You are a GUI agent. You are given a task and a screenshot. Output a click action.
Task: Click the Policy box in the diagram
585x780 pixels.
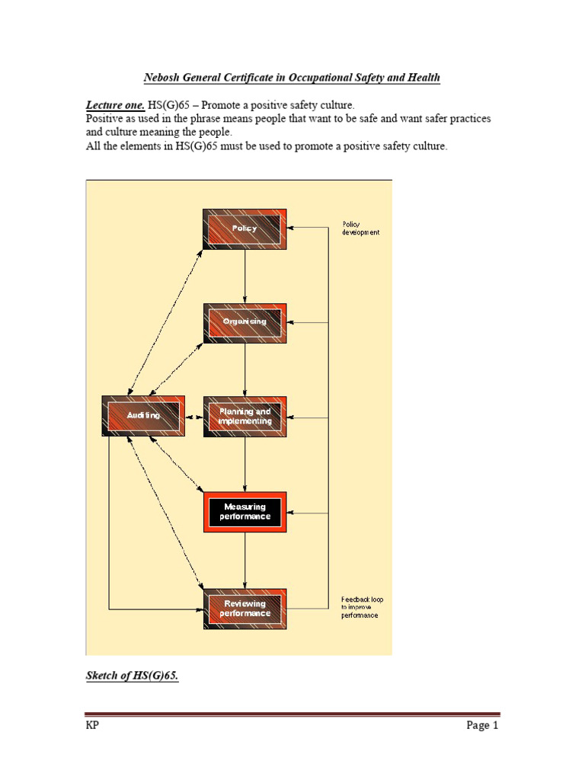pos(245,229)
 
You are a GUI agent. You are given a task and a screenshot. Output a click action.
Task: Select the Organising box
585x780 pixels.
pos(245,322)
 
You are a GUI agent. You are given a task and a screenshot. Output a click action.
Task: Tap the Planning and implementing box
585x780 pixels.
pos(245,417)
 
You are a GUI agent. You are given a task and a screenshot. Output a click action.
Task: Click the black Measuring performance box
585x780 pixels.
pos(245,512)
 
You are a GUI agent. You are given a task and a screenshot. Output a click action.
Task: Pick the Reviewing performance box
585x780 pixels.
pos(245,609)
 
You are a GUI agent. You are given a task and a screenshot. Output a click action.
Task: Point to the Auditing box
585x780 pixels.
pos(143,416)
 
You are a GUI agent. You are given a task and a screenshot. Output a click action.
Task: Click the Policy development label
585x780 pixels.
pos(360,229)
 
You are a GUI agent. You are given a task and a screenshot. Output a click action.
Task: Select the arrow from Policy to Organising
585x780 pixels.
pos(245,276)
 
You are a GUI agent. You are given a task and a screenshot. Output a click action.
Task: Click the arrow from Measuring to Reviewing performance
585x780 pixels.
pos(245,560)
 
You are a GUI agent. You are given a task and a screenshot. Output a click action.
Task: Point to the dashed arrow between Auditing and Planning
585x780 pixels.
pos(193,417)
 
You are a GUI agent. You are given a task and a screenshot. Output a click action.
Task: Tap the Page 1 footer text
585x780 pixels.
pos(482,725)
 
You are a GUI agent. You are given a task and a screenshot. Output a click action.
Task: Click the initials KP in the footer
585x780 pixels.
pos(92,725)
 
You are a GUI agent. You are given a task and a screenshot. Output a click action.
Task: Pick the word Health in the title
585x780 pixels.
pos(423,78)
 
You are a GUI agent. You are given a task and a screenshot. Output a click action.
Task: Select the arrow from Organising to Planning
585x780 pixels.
pos(245,369)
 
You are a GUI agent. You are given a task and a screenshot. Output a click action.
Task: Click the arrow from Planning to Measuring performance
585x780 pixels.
pos(245,465)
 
